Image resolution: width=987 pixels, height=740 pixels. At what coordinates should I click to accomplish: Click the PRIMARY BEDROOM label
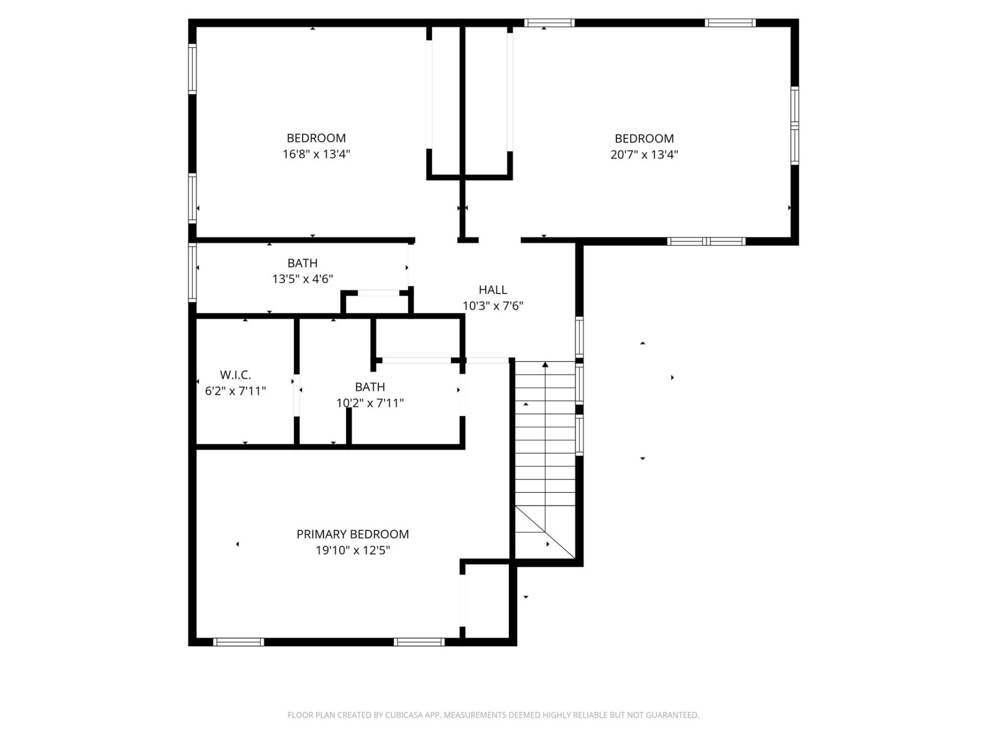(x=353, y=534)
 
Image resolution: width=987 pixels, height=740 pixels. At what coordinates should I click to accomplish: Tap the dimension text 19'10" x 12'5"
(x=353, y=550)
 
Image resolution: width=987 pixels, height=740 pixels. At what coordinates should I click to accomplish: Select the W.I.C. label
(x=235, y=375)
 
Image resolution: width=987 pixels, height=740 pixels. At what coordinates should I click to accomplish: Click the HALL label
(x=492, y=290)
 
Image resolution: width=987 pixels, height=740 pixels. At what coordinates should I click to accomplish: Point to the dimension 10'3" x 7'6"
(x=492, y=306)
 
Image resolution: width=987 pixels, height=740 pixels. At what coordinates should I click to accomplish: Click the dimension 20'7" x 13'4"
(x=644, y=154)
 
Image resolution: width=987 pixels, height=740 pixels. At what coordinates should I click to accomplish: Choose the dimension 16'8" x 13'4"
(x=316, y=154)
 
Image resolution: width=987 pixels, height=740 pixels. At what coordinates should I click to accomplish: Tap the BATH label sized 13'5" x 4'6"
(x=302, y=263)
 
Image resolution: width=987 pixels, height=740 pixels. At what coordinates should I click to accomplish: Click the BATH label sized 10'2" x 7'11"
(x=370, y=387)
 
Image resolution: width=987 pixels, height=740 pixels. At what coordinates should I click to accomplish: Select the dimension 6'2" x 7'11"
(x=235, y=391)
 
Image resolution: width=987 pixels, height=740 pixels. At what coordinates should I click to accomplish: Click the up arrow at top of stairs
(x=545, y=365)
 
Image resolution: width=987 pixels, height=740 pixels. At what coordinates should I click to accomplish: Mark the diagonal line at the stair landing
(x=545, y=532)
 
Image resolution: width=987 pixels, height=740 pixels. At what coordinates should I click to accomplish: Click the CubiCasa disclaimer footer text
(x=493, y=715)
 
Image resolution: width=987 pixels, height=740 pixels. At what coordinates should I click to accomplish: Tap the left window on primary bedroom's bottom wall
(x=239, y=642)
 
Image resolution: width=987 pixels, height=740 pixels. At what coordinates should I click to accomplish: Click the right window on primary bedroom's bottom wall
(x=419, y=642)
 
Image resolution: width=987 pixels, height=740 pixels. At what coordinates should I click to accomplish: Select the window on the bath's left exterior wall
(x=192, y=272)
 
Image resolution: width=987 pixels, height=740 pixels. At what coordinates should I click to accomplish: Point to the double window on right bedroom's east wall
(x=795, y=126)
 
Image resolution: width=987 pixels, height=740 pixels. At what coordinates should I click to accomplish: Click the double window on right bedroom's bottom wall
(x=706, y=242)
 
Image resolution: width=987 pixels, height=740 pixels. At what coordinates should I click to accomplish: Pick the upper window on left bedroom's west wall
(x=192, y=69)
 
